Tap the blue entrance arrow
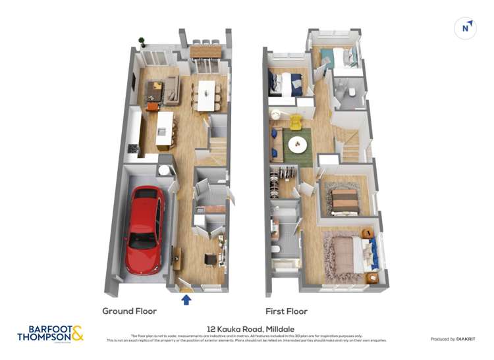click(x=186, y=300)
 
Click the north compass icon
click(x=466, y=28)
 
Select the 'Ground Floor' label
click(x=129, y=311)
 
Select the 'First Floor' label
click(x=287, y=311)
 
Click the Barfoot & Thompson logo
click(x=50, y=333)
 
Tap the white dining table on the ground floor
click(x=207, y=95)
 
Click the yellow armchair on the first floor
click(x=295, y=122)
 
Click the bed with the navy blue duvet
click(x=287, y=84)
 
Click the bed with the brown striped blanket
click(x=344, y=200)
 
